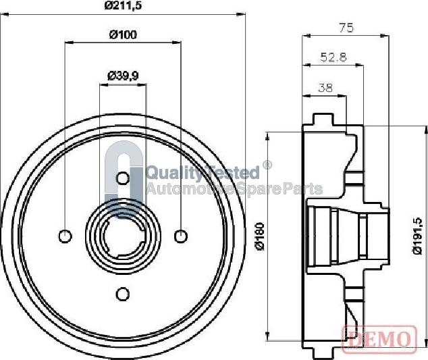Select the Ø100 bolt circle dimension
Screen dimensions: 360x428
pyautogui.click(x=123, y=35)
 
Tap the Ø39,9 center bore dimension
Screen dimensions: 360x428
pyautogui.click(x=123, y=76)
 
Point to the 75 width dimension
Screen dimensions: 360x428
pyautogui.click(x=347, y=28)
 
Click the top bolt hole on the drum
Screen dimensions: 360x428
pyautogui.click(x=122, y=178)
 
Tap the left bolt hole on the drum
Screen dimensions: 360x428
pyautogui.click(x=65, y=236)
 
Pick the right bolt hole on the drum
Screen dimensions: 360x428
pyautogui.click(x=180, y=236)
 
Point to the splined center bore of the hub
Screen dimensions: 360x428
pyautogui.click(x=122, y=236)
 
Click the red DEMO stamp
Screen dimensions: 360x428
pyautogui.click(x=378, y=338)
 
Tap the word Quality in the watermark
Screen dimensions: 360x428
pyautogui.click(x=169, y=173)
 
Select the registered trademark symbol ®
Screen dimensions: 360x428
pyautogui.click(x=267, y=165)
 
